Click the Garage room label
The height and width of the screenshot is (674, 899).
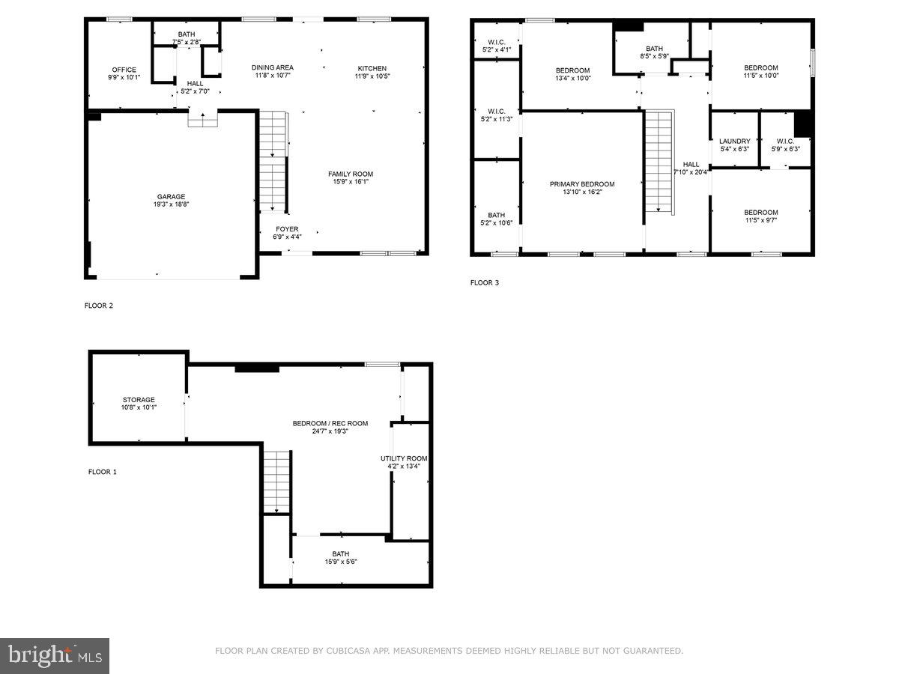point(171,197)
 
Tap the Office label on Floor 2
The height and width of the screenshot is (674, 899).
point(124,70)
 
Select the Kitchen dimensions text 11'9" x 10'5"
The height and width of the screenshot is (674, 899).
point(372,76)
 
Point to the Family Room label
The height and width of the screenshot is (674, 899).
point(350,174)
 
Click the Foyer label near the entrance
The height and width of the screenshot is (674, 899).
point(286,229)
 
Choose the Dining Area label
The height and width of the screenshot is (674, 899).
point(272,67)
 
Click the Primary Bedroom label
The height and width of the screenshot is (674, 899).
point(581,184)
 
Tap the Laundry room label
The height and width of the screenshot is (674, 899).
point(734,141)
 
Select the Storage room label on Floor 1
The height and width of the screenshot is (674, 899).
point(139,400)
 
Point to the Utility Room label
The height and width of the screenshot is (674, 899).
point(403,458)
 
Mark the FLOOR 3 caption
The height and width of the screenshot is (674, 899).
point(484,283)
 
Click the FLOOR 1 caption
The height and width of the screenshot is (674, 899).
point(103,472)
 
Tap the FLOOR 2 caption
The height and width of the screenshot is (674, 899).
point(98,306)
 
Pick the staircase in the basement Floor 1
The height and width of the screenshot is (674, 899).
point(276,480)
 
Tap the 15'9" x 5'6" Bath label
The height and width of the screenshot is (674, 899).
point(341,558)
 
